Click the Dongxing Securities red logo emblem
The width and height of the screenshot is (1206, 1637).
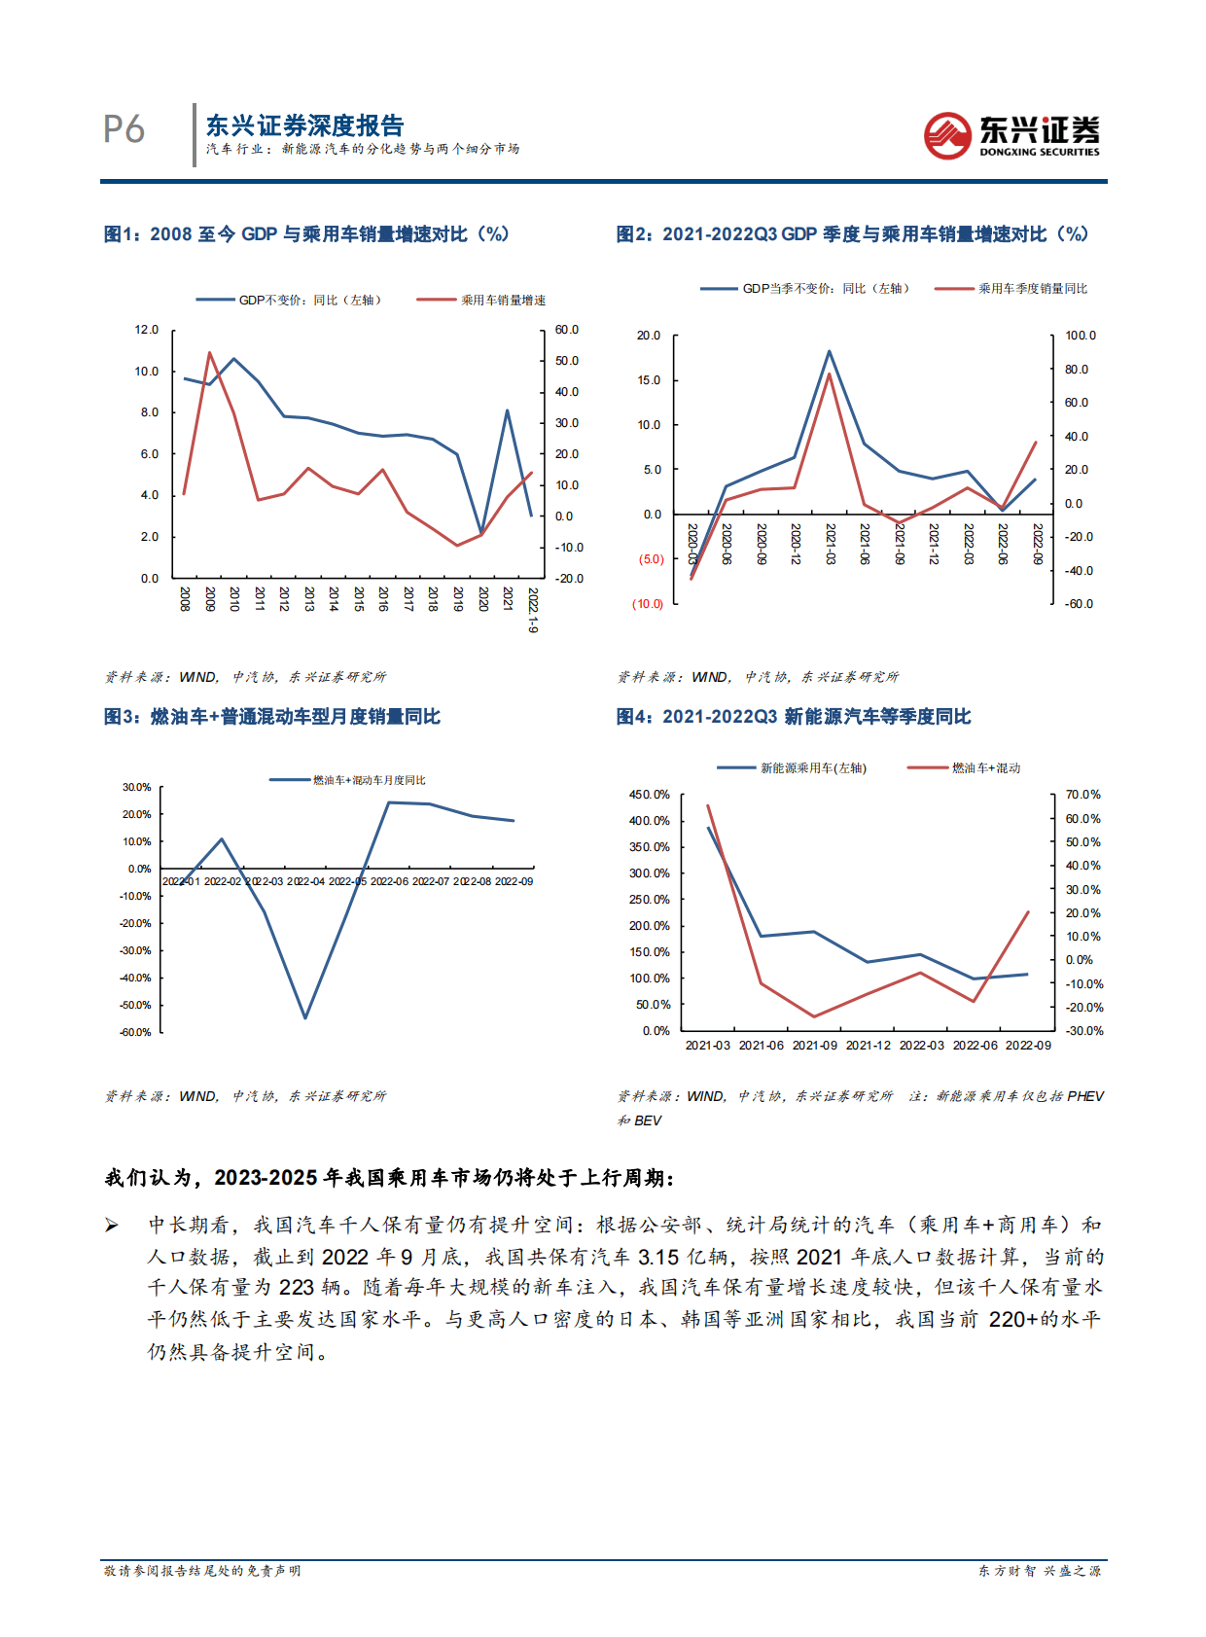pyautogui.click(x=947, y=135)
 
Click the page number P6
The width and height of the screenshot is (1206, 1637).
pyautogui.click(x=124, y=129)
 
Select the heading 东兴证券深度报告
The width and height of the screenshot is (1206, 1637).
pyautogui.click(x=304, y=125)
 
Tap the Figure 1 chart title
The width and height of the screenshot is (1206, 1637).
pyautogui.click(x=306, y=234)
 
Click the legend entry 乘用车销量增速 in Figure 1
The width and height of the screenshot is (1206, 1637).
pyautogui.click(x=502, y=301)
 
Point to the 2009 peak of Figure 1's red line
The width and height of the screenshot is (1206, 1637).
pyautogui.click(x=209, y=352)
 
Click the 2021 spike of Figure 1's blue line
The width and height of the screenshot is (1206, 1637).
pyautogui.click(x=507, y=410)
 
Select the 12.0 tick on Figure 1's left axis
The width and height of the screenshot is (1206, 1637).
pyautogui.click(x=147, y=330)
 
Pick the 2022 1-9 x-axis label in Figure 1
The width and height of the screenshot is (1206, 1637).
pyautogui.click(x=532, y=610)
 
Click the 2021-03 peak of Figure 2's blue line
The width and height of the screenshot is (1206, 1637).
pyautogui.click(x=829, y=351)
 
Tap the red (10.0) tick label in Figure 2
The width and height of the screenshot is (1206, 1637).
pyautogui.click(x=648, y=604)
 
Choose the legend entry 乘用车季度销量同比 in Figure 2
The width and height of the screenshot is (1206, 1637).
pyautogui.click(x=1032, y=289)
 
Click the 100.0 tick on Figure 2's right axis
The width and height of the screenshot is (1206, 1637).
pyautogui.click(x=1080, y=336)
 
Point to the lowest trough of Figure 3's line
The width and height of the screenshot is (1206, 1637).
pyautogui.click(x=305, y=1017)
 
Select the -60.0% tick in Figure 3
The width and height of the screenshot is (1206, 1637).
pyautogui.click(x=136, y=1032)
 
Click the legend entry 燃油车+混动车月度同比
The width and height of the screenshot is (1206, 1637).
pyautogui.click(x=369, y=780)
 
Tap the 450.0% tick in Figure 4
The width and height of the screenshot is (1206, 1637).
pyautogui.click(x=649, y=795)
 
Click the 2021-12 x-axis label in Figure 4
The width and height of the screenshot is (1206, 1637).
pyautogui.click(x=868, y=1046)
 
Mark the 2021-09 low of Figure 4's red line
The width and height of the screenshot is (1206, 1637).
pyautogui.click(x=814, y=1016)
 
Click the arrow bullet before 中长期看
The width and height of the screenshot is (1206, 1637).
pyautogui.click(x=113, y=1226)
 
